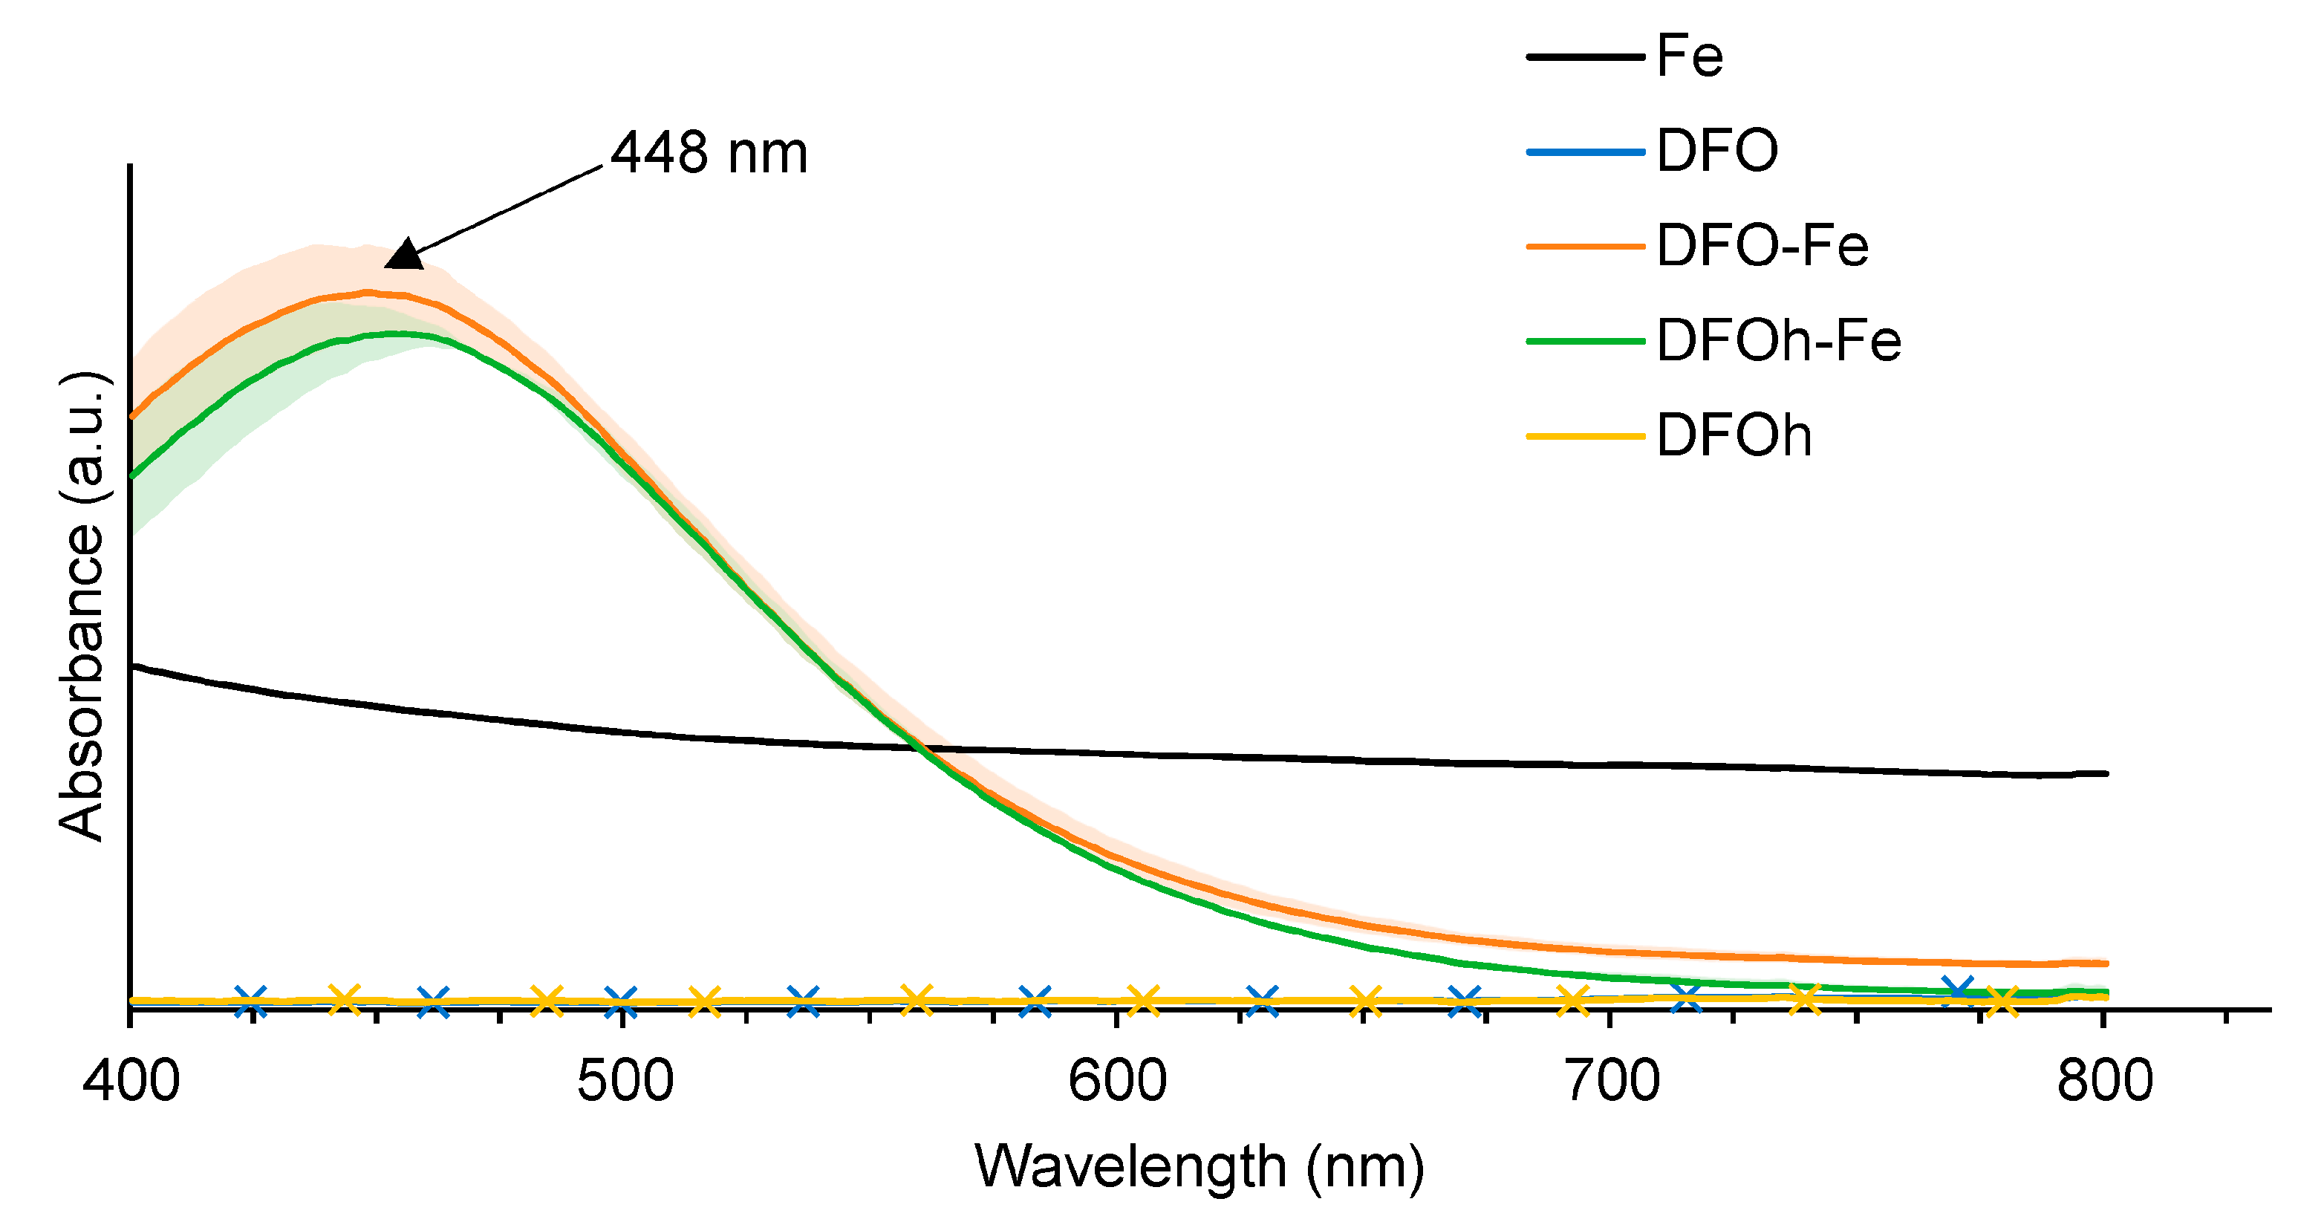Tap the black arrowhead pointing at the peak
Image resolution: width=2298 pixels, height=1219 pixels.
tap(405, 256)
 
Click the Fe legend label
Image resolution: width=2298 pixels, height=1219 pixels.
tap(1690, 56)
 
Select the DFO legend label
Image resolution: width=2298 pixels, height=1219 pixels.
tap(1717, 151)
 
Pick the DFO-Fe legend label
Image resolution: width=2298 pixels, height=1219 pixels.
tap(1762, 247)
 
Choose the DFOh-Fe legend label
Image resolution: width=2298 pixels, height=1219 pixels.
tap(1779, 341)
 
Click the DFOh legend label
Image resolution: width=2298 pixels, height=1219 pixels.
tap(1734, 435)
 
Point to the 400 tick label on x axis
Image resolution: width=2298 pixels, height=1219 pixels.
tap(131, 1082)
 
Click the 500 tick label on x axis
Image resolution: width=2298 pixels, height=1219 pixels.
tap(625, 1082)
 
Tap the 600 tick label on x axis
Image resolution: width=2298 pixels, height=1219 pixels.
tap(1118, 1082)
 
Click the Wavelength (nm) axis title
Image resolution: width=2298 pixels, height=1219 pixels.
tap(1199, 1166)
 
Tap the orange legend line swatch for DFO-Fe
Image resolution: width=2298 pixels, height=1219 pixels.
tap(1585, 247)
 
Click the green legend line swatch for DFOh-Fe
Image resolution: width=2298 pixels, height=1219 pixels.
tap(1585, 341)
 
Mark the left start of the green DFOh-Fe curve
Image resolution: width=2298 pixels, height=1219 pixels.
tap(133, 475)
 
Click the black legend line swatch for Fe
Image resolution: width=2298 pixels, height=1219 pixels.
tap(1585, 57)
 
